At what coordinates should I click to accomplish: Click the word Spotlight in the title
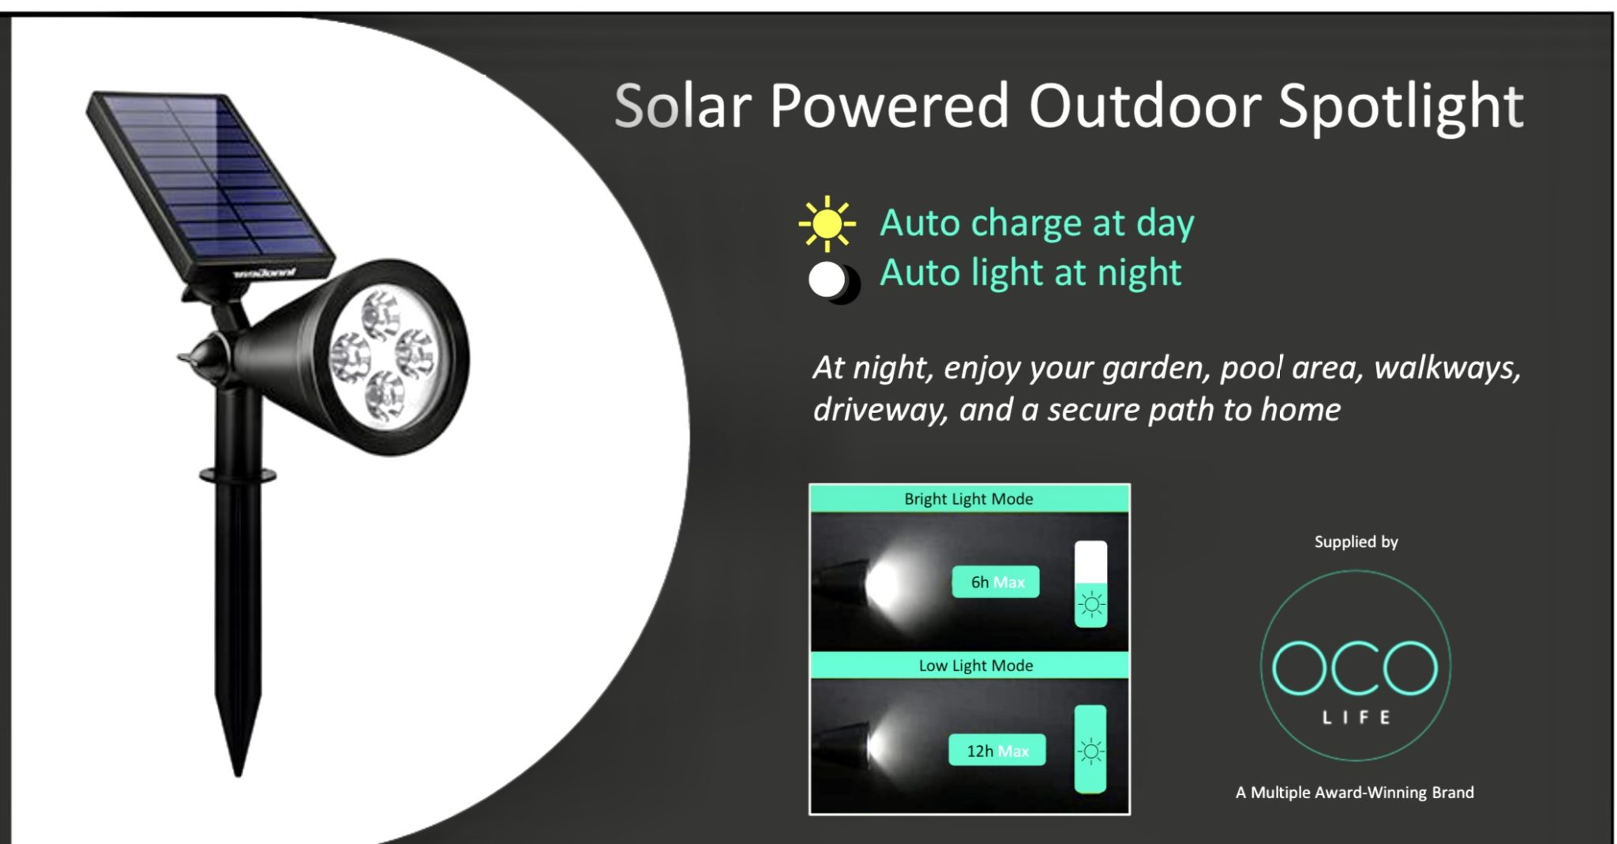pyautogui.click(x=1401, y=107)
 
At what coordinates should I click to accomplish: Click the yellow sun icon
pyautogui.click(x=827, y=223)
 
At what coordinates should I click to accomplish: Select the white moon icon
pyautogui.click(x=833, y=281)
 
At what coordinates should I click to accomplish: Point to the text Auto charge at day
pyautogui.click(x=1037, y=223)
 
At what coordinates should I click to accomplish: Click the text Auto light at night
pyautogui.click(x=1030, y=273)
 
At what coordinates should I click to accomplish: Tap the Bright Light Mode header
pyautogui.click(x=969, y=499)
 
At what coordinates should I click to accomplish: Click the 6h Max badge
pyautogui.click(x=996, y=582)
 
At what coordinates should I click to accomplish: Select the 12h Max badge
pyautogui.click(x=997, y=750)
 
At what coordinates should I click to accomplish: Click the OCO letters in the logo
pyautogui.click(x=1355, y=668)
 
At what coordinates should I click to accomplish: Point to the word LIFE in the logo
pyautogui.click(x=1356, y=717)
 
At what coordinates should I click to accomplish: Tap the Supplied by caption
pyautogui.click(x=1356, y=542)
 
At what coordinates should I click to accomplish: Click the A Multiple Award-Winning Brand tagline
pyautogui.click(x=1355, y=792)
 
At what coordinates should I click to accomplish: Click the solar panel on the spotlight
pyautogui.click(x=210, y=186)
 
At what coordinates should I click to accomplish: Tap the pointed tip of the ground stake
pyautogui.click(x=237, y=774)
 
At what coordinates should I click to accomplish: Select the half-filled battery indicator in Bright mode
pyautogui.click(x=1090, y=584)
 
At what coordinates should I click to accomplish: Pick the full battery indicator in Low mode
pyautogui.click(x=1090, y=749)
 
